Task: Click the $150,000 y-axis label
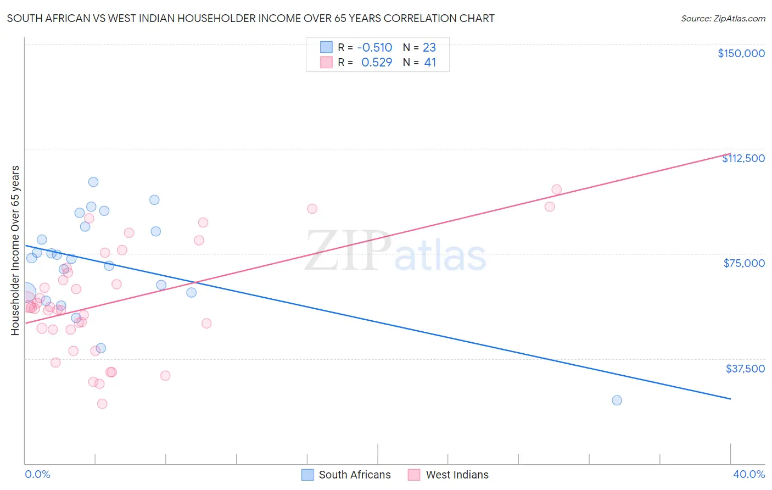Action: (x=741, y=53)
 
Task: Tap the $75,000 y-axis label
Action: (x=744, y=263)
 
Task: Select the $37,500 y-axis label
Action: (x=745, y=369)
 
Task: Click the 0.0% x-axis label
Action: (x=37, y=474)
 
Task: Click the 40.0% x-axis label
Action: (x=748, y=474)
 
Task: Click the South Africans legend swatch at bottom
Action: (x=307, y=475)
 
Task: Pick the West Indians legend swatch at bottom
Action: (x=414, y=475)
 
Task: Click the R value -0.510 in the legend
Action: (x=374, y=47)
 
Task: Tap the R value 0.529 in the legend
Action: (x=377, y=63)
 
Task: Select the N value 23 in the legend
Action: (x=429, y=47)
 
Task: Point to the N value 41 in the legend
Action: (x=430, y=63)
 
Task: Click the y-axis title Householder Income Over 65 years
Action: (x=15, y=250)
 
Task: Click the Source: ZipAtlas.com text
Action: (x=723, y=19)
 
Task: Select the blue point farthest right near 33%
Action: (x=617, y=400)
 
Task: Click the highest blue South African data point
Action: (x=93, y=182)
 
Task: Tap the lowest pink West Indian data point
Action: (x=102, y=404)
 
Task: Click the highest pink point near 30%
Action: (x=556, y=190)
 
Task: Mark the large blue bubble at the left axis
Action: (x=25, y=292)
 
